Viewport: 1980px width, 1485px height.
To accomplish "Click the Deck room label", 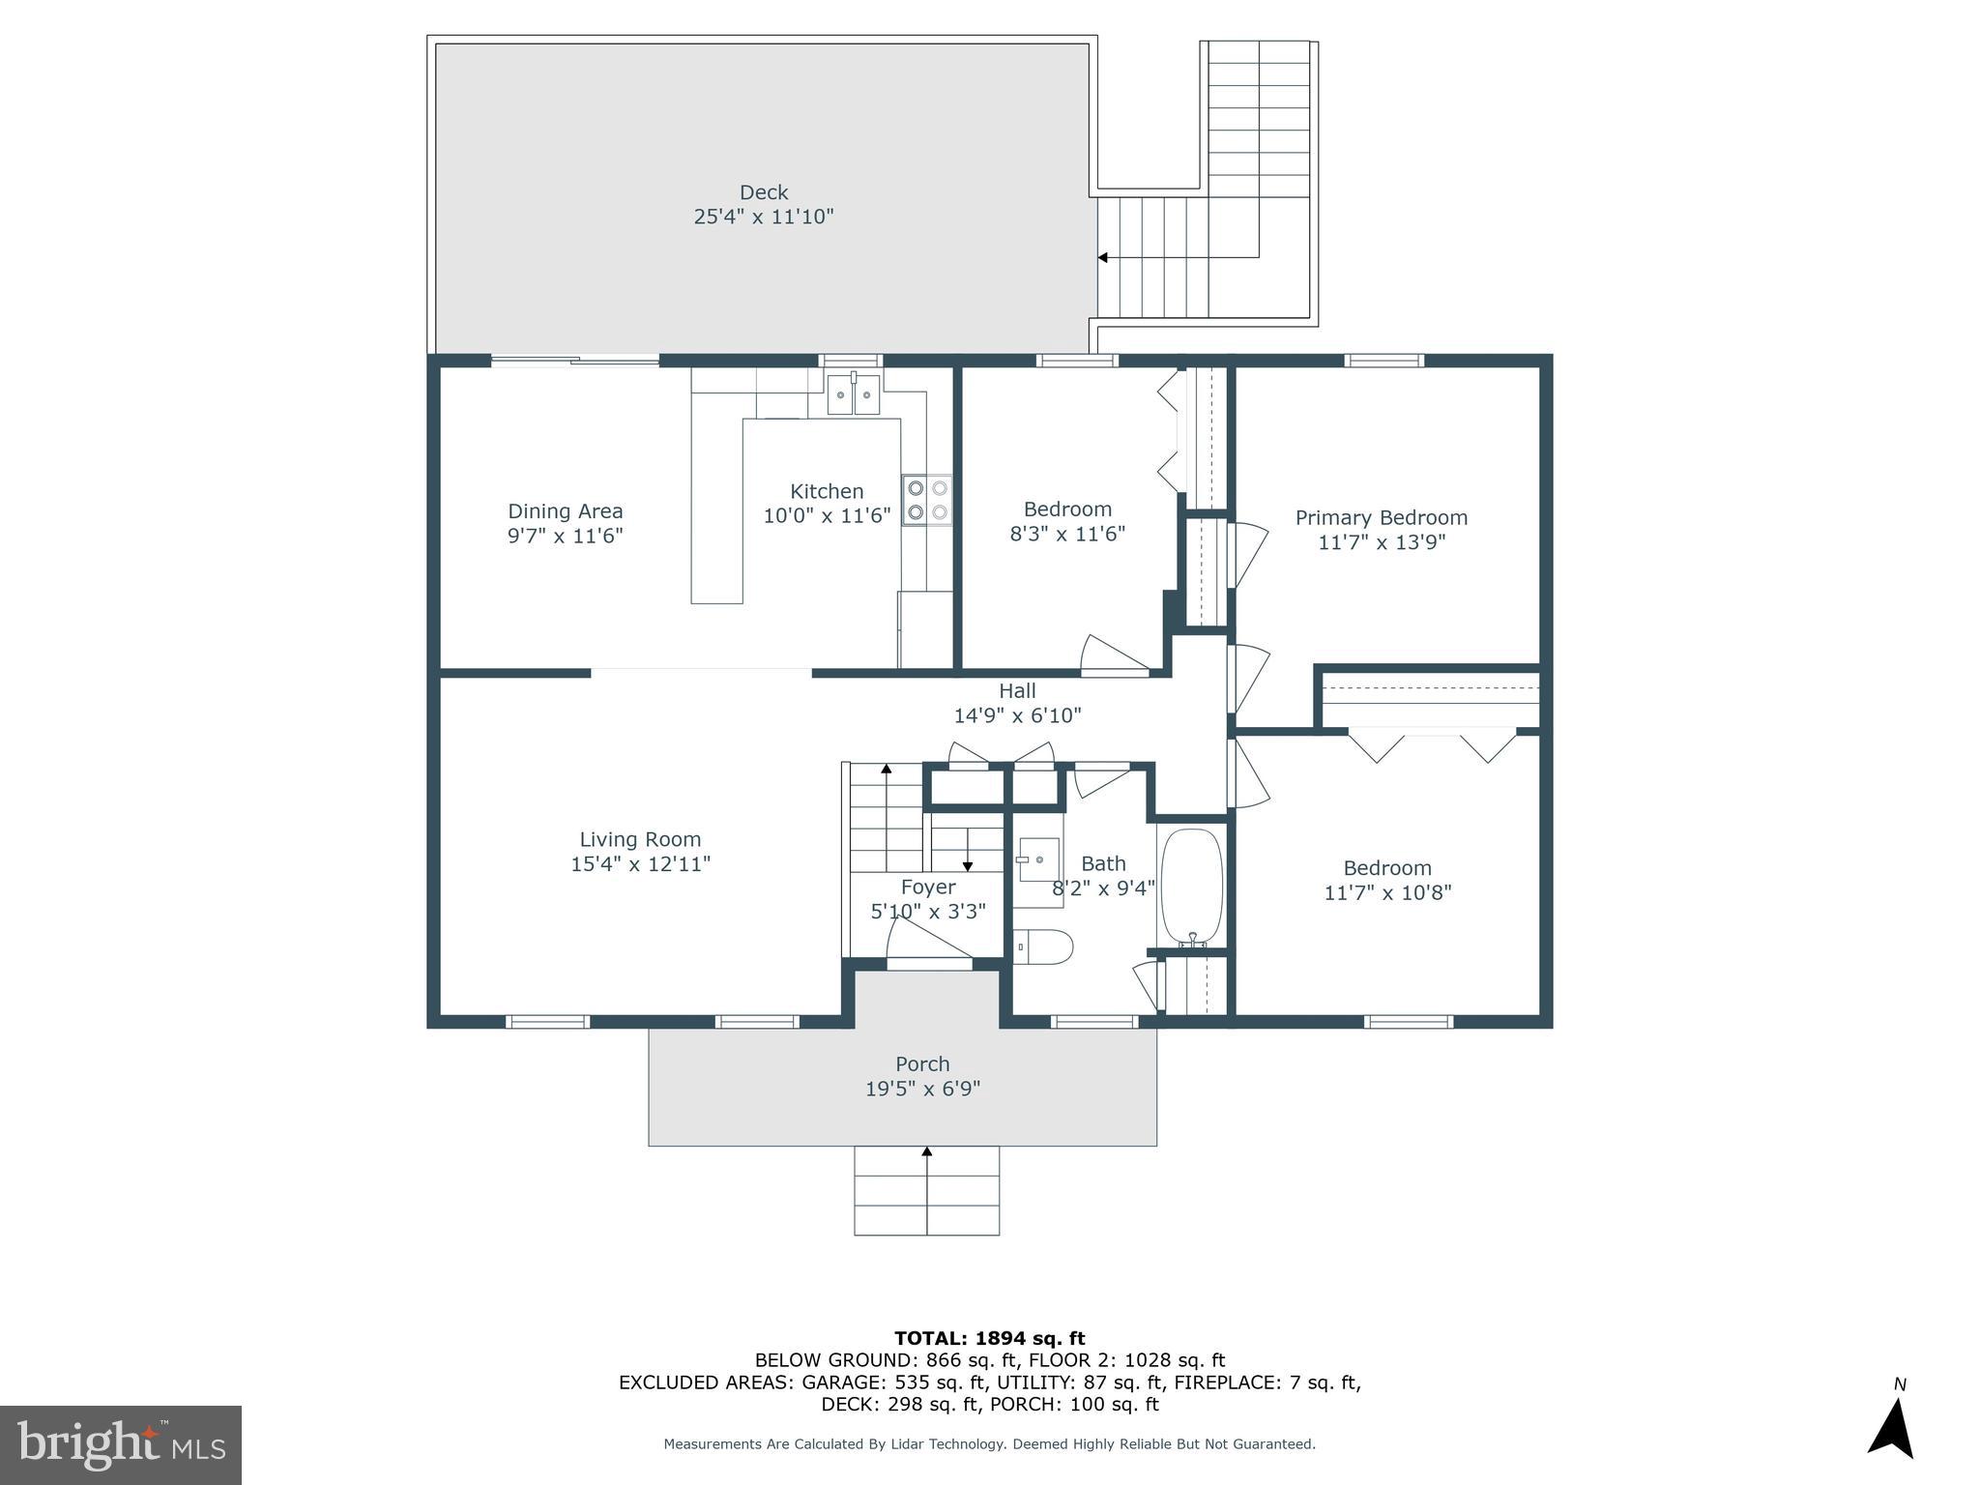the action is (764, 192).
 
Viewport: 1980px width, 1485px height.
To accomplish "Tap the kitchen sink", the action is (853, 394).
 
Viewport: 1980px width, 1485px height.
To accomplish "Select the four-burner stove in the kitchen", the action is (926, 500).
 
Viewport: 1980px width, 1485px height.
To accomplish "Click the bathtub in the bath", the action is (1192, 887).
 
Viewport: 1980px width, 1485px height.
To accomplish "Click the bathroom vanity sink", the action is (1037, 859).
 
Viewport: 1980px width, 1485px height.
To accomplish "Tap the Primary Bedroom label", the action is (1382, 517).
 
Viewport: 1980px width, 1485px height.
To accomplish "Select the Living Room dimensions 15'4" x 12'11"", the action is (640, 864).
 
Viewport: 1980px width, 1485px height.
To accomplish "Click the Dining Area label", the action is (566, 511).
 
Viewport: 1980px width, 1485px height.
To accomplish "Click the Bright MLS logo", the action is (121, 1444).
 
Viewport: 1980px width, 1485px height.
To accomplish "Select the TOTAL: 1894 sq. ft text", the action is (990, 1338).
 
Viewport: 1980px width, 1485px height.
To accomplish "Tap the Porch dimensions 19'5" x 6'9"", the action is (922, 1089).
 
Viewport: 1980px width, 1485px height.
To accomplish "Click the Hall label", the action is (1017, 690).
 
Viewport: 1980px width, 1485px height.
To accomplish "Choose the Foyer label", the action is (928, 887).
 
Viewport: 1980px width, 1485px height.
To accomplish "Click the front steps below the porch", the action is (926, 1190).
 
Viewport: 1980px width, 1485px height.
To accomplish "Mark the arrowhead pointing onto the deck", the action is (1102, 257).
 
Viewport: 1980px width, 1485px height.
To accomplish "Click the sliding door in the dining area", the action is (575, 361).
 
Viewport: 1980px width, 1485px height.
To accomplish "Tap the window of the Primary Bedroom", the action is (1384, 361).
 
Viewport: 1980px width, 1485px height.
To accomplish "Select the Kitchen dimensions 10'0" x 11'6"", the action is (827, 515).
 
